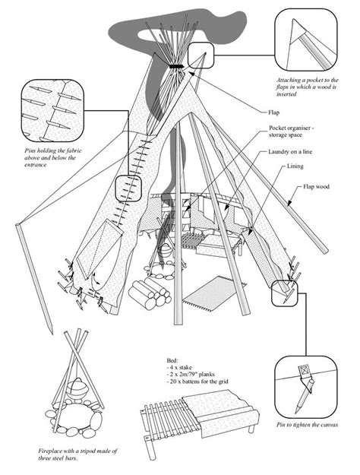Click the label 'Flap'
[273, 112]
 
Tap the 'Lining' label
[295, 166]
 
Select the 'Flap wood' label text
[316, 187]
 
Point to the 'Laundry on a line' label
[290, 151]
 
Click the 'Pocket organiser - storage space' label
[291, 131]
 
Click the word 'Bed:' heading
[172, 360]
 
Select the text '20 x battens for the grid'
[197, 382]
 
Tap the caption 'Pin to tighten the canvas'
[307, 425]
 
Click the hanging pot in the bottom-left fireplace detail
[77, 388]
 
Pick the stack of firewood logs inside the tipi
[150, 293]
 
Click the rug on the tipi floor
[215, 293]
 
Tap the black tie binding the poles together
[176, 66]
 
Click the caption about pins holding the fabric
[53, 157]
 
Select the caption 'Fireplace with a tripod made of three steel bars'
[77, 454]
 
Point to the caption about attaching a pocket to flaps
[307, 87]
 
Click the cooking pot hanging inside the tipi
[165, 251]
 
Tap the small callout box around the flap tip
[201, 55]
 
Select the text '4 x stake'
[179, 367]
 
